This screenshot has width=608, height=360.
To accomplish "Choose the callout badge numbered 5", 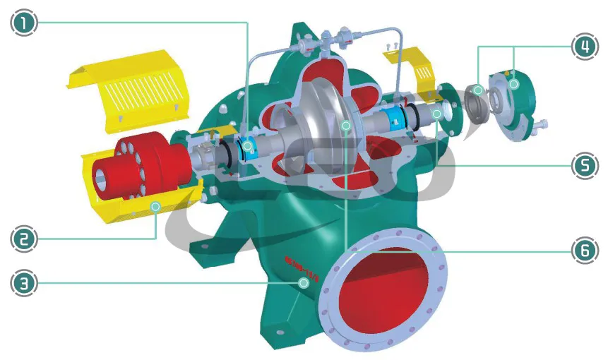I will tap(583, 166).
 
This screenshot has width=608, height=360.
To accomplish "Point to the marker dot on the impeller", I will tap(345, 126).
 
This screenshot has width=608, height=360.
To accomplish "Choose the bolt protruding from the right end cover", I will tap(540, 128).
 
